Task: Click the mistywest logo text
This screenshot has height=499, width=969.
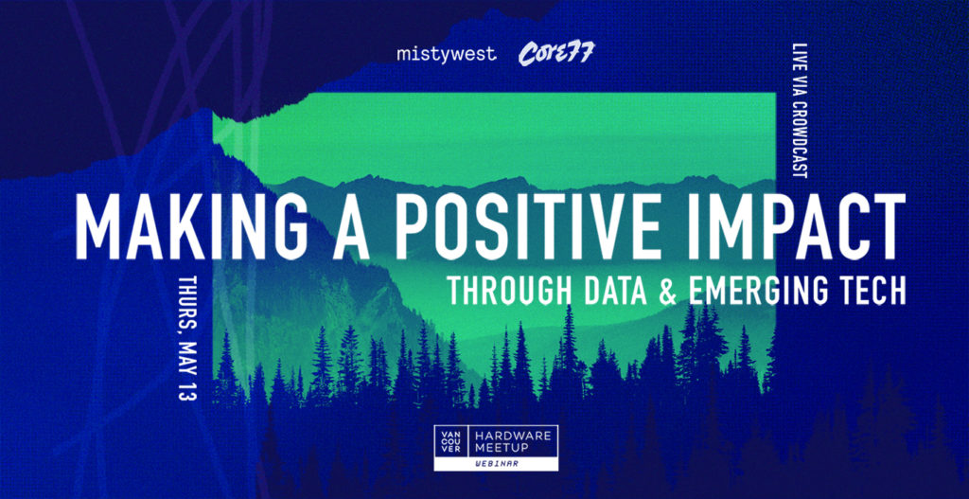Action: tap(447, 54)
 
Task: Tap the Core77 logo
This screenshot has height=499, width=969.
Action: tap(555, 54)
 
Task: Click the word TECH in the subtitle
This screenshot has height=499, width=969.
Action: tap(872, 290)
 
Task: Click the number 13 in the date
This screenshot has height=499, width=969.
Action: tap(186, 391)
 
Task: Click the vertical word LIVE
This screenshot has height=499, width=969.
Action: tap(800, 52)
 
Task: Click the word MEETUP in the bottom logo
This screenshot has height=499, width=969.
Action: tap(503, 447)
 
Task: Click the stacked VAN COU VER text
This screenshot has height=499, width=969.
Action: tap(451, 440)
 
